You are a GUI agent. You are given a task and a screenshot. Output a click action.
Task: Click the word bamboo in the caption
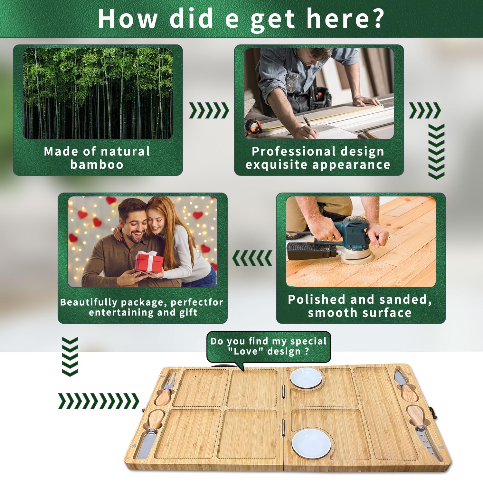97,165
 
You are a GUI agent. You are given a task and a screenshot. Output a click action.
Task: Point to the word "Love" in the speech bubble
245,351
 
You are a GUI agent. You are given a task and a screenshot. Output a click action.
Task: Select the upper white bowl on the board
306,378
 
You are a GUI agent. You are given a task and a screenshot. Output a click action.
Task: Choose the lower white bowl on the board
311,443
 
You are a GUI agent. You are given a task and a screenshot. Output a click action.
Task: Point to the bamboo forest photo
98,94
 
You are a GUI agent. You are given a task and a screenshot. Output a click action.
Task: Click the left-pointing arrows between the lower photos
252,258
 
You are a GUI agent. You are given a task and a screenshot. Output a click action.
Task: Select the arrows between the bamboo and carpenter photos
209,110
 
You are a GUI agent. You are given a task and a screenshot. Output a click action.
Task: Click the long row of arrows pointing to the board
99,401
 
